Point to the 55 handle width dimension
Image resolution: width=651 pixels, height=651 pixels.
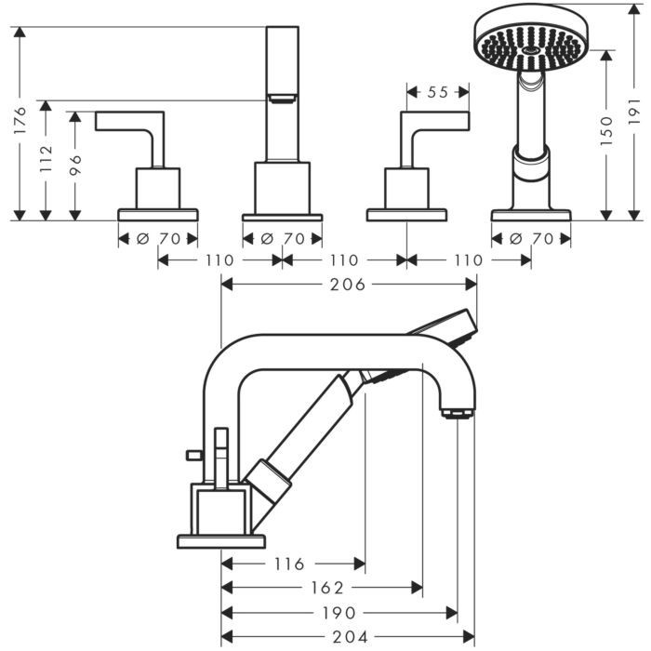pyautogui.click(x=438, y=92)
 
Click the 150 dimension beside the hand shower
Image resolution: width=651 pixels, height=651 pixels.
pyautogui.click(x=605, y=130)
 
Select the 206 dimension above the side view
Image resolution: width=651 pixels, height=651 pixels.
pyautogui.click(x=348, y=285)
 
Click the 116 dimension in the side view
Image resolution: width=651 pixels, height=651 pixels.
pyautogui.click(x=290, y=564)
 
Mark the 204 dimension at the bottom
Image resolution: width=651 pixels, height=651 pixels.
pyautogui.click(x=348, y=636)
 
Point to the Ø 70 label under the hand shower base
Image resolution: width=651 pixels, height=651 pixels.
pyautogui.click(x=529, y=238)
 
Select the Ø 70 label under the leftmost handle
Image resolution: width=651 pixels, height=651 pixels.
pyautogui.click(x=158, y=238)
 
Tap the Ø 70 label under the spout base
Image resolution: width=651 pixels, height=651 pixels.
pyautogui.click(x=282, y=238)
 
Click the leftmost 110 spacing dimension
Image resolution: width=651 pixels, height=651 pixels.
pyautogui.click(x=219, y=260)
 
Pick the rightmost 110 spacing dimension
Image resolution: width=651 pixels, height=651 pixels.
pyautogui.click(x=469, y=260)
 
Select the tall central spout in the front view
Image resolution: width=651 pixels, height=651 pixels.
pyautogui.click(x=282, y=93)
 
